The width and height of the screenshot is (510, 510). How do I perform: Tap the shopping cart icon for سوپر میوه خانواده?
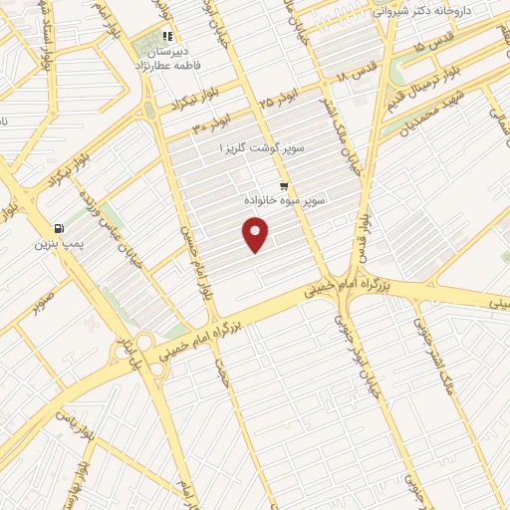[x=285, y=186]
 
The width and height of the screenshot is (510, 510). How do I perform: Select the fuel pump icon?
[x=60, y=227]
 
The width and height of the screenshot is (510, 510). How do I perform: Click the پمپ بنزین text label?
[x=56, y=243]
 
